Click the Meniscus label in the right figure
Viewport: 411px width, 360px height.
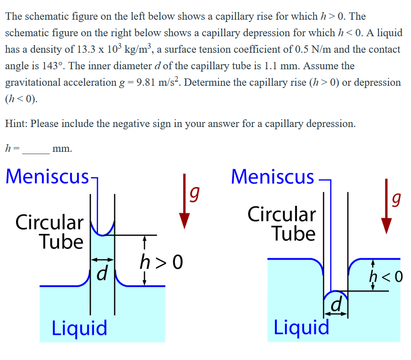click(x=273, y=177)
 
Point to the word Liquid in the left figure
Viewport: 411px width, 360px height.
click(x=79, y=328)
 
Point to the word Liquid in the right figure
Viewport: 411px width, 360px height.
click(x=301, y=327)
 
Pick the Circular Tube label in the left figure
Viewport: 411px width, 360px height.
click(x=50, y=232)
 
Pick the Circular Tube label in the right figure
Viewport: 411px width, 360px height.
click(x=282, y=224)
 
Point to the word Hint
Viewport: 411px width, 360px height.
click(x=16, y=124)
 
